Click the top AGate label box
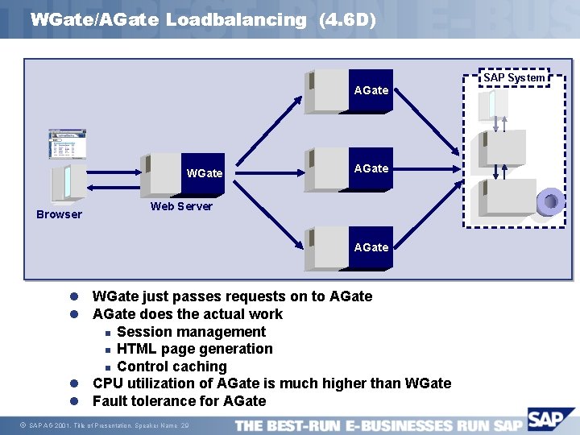click(371, 90)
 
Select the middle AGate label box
click(371, 168)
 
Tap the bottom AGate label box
click(371, 247)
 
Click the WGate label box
click(205, 173)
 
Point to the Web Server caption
click(182, 206)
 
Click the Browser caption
click(59, 214)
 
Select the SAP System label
click(514, 77)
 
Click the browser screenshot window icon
click(67, 144)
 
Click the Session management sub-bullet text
click(191, 332)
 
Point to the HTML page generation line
click(194, 349)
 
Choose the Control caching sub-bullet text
click(172, 367)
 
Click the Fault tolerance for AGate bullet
click(179, 401)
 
